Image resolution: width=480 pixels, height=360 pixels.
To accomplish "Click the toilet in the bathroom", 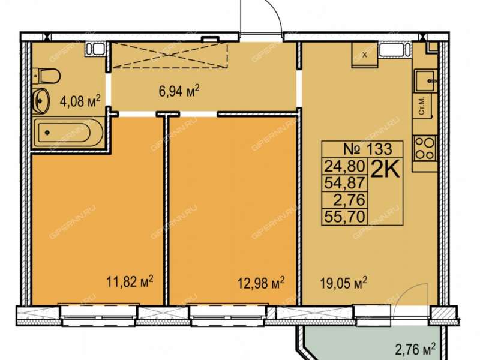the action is (47, 76).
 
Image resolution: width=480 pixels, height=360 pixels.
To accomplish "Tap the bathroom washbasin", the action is (41, 100).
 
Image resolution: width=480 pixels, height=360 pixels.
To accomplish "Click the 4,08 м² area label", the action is (80, 101).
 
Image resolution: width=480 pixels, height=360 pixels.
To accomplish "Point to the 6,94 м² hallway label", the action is (179, 91).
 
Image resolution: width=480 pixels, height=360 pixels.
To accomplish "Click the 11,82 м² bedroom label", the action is (130, 281).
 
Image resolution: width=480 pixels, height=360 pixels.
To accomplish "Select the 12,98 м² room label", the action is (261, 283).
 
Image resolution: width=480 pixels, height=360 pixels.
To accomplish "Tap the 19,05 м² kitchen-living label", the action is (344, 283).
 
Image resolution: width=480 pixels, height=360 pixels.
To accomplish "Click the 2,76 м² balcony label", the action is (415, 349).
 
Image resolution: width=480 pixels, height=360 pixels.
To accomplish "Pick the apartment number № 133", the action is (367, 149).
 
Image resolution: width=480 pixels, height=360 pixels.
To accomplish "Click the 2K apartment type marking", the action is (385, 170).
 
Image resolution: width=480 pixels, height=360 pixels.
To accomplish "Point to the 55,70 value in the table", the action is (344, 217).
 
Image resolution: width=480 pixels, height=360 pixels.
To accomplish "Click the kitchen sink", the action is (425, 80).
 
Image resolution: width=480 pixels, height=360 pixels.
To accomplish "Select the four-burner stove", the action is (425, 148).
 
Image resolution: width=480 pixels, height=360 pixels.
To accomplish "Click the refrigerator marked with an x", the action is (364, 55).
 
